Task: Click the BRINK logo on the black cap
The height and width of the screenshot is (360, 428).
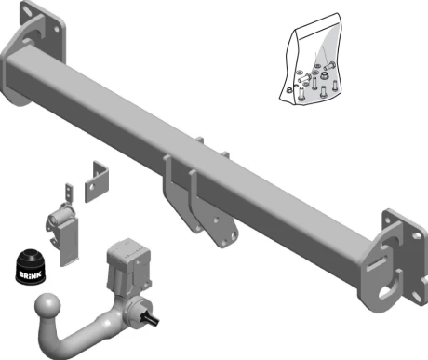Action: pyautogui.click(x=31, y=275)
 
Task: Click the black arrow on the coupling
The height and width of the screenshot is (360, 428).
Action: pyautogui.click(x=150, y=319)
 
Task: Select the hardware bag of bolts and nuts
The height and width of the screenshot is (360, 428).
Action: pyautogui.click(x=311, y=59)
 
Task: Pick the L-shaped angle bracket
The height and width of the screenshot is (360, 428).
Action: pyautogui.click(x=97, y=181)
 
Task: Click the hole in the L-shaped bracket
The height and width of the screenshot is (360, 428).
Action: pyautogui.click(x=92, y=187)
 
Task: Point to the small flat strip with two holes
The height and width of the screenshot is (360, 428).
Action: pyautogui.click(x=69, y=193)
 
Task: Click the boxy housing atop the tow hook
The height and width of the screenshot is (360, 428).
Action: pyautogui.click(x=128, y=263)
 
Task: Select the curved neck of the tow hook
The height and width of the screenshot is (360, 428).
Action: pyautogui.click(x=84, y=335)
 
